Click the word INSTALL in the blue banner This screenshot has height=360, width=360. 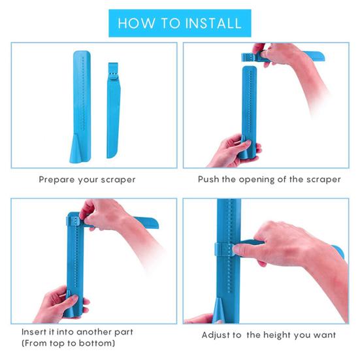[213, 23]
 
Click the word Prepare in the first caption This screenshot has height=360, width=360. [57, 180]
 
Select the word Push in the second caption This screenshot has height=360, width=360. [208, 179]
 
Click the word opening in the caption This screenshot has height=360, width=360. [257, 180]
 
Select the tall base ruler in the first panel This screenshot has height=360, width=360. [81, 106]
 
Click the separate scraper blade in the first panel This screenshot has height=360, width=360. [113, 110]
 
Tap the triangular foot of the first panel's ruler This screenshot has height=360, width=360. [76, 148]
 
